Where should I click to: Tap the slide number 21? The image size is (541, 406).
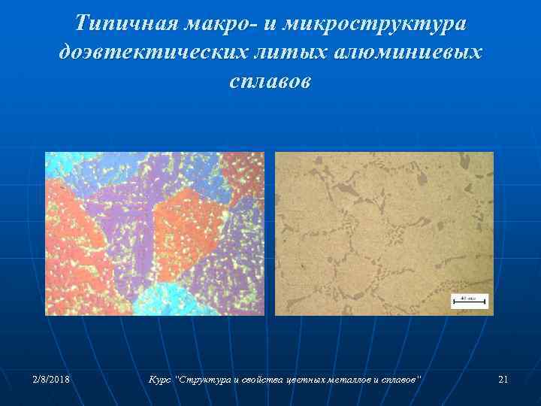point(503,380)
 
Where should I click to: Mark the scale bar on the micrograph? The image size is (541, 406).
point(470,301)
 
